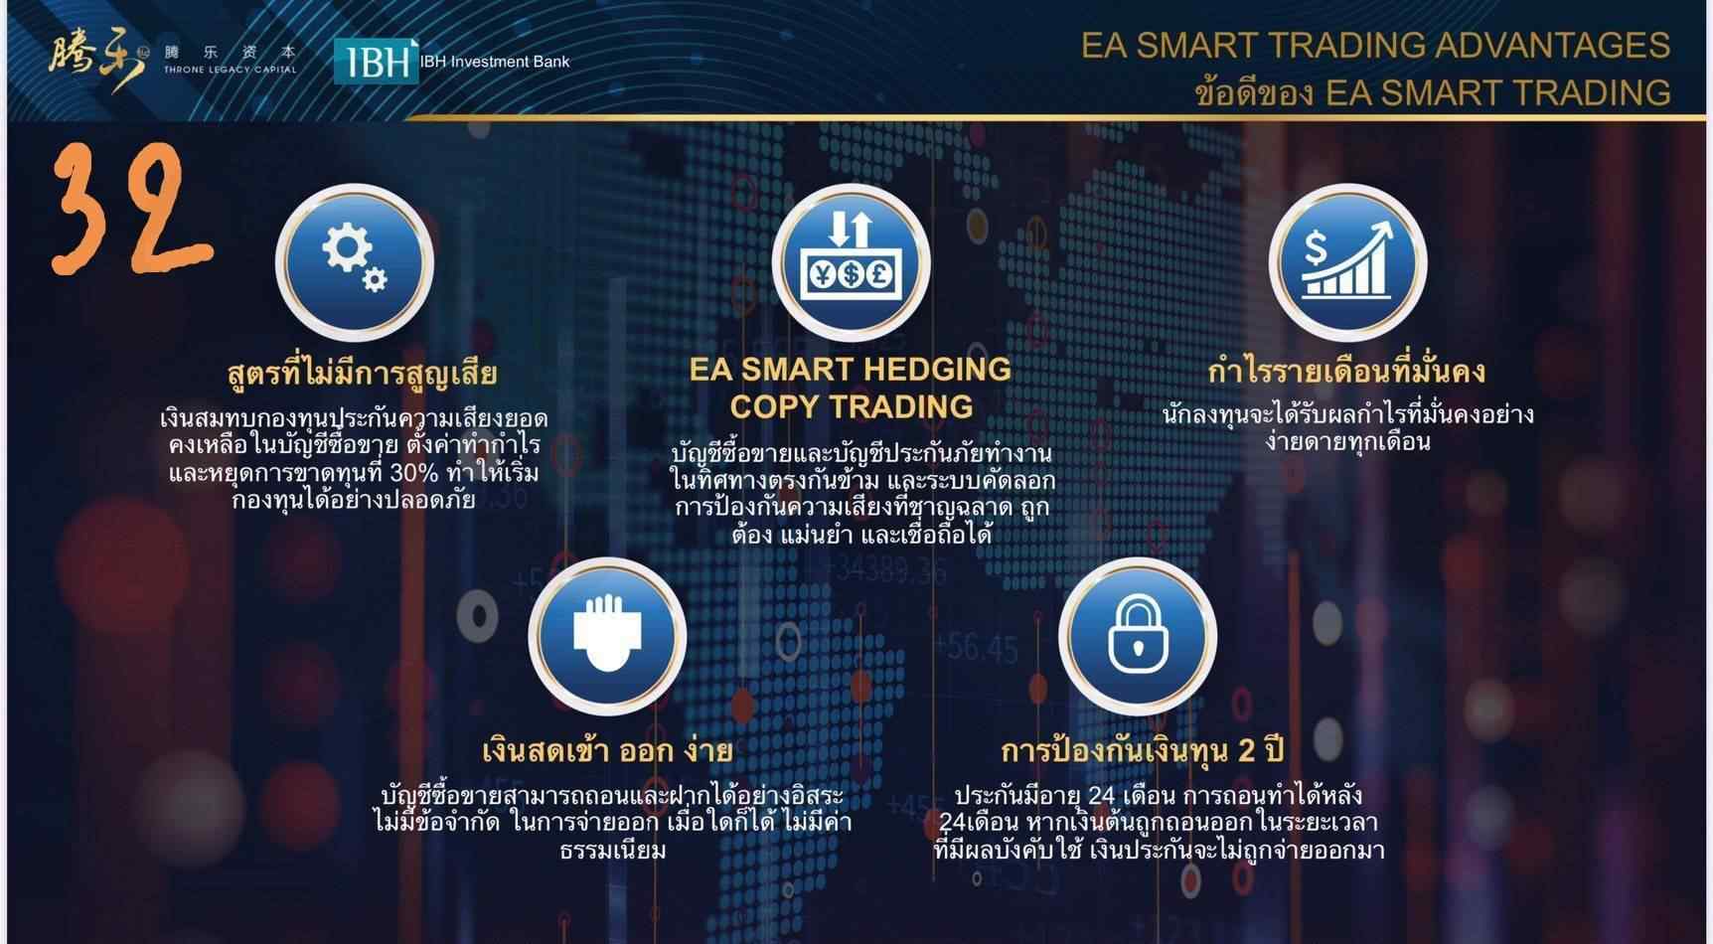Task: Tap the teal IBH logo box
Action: pos(376,62)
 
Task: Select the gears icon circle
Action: pos(355,262)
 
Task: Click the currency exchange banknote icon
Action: pos(851,262)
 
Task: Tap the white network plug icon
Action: pos(607,635)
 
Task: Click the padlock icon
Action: pos(1138,635)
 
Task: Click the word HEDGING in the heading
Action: pos(937,370)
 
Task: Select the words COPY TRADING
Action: pos(852,406)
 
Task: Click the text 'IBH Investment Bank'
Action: pos(495,62)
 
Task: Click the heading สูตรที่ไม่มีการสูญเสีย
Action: pos(362,374)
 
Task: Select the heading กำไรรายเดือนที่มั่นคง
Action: pos(1346,372)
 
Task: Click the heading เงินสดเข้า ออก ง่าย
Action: pos(607,750)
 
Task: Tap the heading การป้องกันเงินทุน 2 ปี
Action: pos(1143,750)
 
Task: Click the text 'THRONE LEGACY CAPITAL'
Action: pos(231,70)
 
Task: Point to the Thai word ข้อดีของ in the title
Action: pos(1254,93)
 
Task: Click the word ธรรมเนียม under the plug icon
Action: pos(613,851)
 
